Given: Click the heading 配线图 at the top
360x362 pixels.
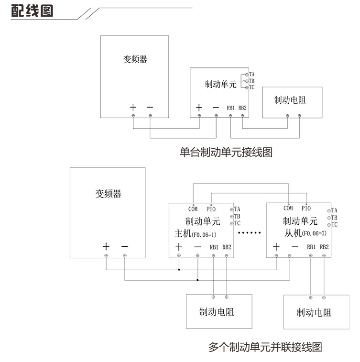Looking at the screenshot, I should pyautogui.click(x=32, y=11).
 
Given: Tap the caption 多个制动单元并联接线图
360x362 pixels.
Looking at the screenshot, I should pyautogui.click(x=265, y=347).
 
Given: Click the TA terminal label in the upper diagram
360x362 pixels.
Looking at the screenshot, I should pyautogui.click(x=252, y=74).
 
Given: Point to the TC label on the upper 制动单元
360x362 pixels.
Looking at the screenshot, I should pyautogui.click(x=252, y=88).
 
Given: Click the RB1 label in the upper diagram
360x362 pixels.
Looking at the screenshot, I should pyautogui.click(x=231, y=108).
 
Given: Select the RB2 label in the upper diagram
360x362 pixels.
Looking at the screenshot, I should pyautogui.click(x=242, y=108).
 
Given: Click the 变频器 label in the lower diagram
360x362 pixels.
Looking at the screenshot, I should pyautogui.click(x=109, y=194).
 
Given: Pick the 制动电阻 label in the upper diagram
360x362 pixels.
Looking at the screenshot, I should pyautogui.click(x=290, y=100).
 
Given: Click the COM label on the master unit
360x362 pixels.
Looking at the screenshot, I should pyautogui.click(x=193, y=208).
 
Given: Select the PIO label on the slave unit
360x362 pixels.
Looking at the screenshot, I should pyautogui.click(x=305, y=208).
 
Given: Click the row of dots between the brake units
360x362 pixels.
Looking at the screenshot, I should pyautogui.click(x=250, y=233).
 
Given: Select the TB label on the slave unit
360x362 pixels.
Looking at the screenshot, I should pyautogui.click(x=334, y=217).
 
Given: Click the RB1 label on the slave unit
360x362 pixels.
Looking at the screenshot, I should pyautogui.click(x=311, y=247).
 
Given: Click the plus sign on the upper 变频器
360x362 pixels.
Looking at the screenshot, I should pyautogui.click(x=133, y=107).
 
